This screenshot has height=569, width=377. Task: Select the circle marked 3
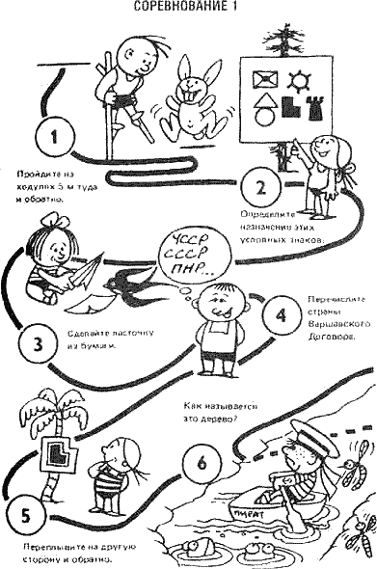(x=35, y=341)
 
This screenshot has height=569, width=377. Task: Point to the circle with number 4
(x=282, y=314)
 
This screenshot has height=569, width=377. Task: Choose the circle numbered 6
(x=201, y=462)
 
